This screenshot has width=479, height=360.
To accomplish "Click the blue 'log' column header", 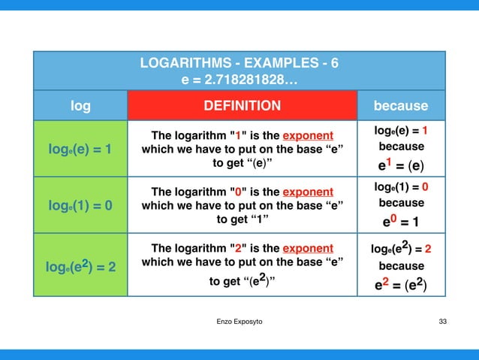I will click(80, 106).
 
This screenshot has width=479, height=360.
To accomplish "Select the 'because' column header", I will click(401, 106).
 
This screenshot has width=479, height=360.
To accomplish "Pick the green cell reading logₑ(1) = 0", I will click(80, 204).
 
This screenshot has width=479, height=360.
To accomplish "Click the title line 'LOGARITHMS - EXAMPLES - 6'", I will click(239, 63).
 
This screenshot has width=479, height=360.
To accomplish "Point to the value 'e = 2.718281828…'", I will click(239, 79).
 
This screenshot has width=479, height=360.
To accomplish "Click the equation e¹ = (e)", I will click(401, 165).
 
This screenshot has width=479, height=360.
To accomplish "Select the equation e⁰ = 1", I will click(401, 222).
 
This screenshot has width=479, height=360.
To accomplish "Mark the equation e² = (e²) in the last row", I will click(401, 285).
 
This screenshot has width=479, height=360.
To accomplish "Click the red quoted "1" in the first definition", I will click(238, 136).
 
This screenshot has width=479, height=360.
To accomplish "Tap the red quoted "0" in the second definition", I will click(238, 191).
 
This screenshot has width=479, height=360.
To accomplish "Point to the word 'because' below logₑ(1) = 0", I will click(401, 203).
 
